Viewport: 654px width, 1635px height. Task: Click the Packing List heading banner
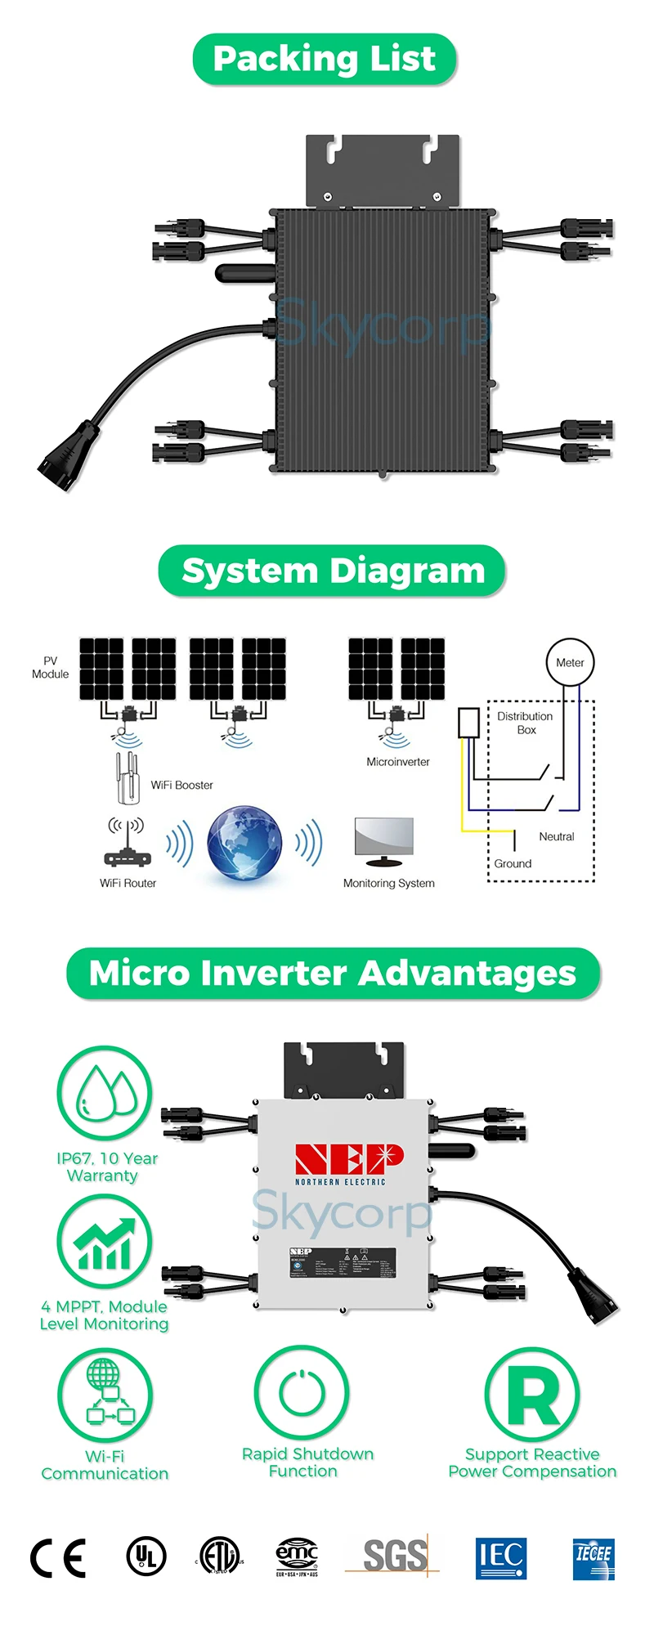(x=325, y=60)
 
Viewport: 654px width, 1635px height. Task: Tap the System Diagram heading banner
(x=332, y=571)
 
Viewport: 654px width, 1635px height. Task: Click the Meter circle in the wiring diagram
(x=570, y=662)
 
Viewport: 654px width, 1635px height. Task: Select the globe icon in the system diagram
(x=244, y=844)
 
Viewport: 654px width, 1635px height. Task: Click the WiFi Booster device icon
(x=126, y=777)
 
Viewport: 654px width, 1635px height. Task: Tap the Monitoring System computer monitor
(x=384, y=841)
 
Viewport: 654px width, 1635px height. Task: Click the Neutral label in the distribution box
(x=556, y=836)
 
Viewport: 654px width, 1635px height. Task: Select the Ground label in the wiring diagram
(x=513, y=863)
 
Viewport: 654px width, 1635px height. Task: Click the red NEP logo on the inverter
(x=349, y=1159)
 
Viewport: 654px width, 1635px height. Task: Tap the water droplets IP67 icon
(x=105, y=1094)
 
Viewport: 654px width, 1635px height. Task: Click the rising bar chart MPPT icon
(x=105, y=1243)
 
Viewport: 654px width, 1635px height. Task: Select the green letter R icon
(x=532, y=1395)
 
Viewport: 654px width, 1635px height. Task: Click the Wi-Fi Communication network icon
(x=105, y=1394)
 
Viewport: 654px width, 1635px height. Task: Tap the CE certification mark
(x=58, y=1558)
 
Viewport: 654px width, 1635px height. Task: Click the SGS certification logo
(x=395, y=1556)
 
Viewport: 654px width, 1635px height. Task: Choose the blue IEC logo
(x=500, y=1557)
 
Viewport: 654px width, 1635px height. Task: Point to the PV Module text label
(x=50, y=667)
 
